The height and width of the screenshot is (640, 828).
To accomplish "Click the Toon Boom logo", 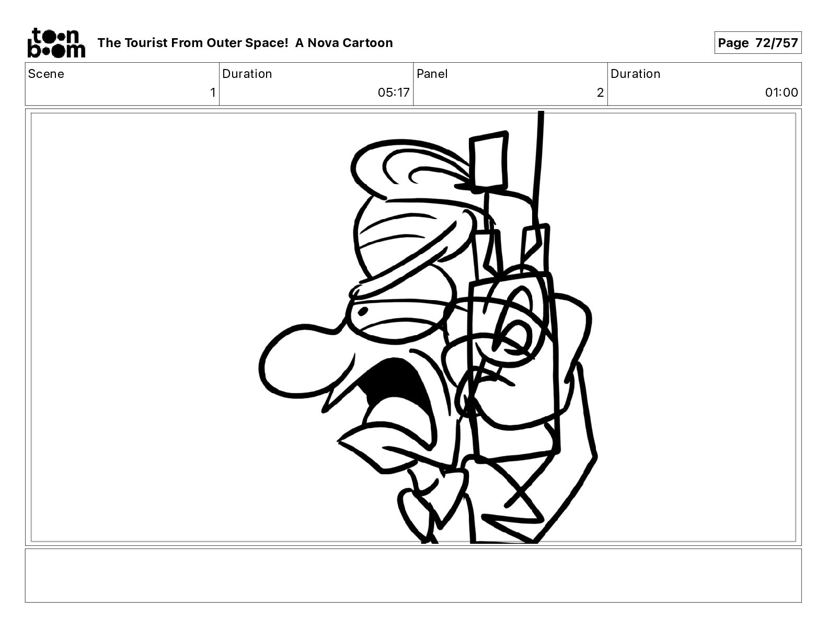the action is click(56, 42).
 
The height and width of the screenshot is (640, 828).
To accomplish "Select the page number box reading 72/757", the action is click(757, 43).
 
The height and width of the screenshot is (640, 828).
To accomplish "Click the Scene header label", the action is click(46, 74).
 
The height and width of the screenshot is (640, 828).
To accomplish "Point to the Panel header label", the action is click(432, 74).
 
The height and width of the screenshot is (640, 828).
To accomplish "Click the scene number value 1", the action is click(212, 93).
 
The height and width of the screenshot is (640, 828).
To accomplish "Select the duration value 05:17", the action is click(394, 93).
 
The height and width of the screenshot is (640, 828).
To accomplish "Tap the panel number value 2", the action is click(600, 93).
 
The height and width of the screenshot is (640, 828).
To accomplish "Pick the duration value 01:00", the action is click(781, 93).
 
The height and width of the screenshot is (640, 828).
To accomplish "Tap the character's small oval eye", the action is click(362, 312).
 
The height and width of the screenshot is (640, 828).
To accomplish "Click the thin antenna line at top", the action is click(538, 157).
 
